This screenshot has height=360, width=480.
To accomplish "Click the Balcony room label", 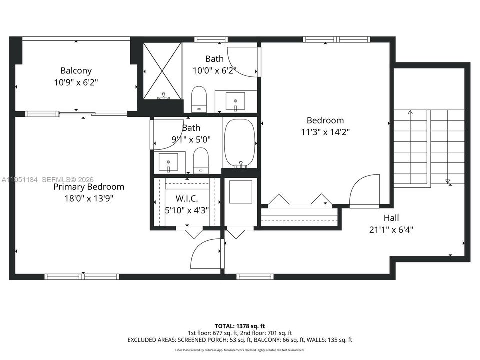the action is [x=76, y=70].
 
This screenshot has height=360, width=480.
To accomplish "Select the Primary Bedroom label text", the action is [x=89, y=187].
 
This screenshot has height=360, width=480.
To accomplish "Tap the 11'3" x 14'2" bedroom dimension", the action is [x=325, y=132].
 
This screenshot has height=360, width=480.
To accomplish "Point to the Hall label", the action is [x=391, y=218].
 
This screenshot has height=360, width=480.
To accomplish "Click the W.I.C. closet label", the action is [x=187, y=199].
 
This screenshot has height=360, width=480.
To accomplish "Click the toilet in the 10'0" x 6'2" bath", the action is [x=199, y=99].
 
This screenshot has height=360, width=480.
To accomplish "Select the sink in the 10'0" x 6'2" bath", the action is [x=235, y=101].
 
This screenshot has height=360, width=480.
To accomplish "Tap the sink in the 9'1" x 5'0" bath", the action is [x=168, y=162].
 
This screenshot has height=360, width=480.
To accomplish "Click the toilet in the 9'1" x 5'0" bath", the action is [x=201, y=160].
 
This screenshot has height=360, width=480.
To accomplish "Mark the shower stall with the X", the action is [x=162, y=71].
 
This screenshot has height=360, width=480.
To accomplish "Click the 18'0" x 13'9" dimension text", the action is [x=89, y=198].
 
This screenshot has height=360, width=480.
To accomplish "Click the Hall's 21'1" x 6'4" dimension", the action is [x=391, y=229].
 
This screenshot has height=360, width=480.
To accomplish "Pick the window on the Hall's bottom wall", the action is [x=255, y=277].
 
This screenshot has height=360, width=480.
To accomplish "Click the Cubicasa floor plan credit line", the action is [x=240, y=350].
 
